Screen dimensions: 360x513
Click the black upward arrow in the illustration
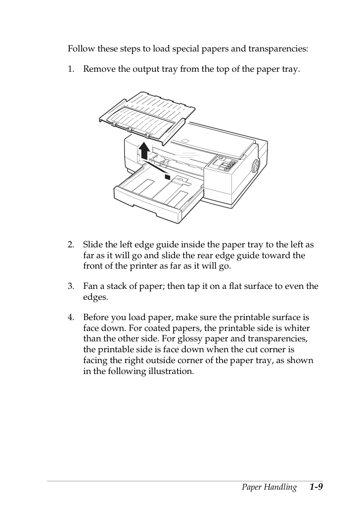144,151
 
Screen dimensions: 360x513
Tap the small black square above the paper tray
168,177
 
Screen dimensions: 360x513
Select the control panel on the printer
223,164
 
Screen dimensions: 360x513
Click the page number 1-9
316,487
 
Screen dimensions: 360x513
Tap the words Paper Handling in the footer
269,487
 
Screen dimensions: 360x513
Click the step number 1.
71,69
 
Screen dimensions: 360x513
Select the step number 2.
71,245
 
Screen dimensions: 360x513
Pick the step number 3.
71,286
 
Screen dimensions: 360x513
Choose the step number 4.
71,318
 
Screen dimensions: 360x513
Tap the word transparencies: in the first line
278,49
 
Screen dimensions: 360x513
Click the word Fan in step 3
90,286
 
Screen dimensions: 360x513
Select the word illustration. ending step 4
171,372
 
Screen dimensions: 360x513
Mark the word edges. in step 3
95,297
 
